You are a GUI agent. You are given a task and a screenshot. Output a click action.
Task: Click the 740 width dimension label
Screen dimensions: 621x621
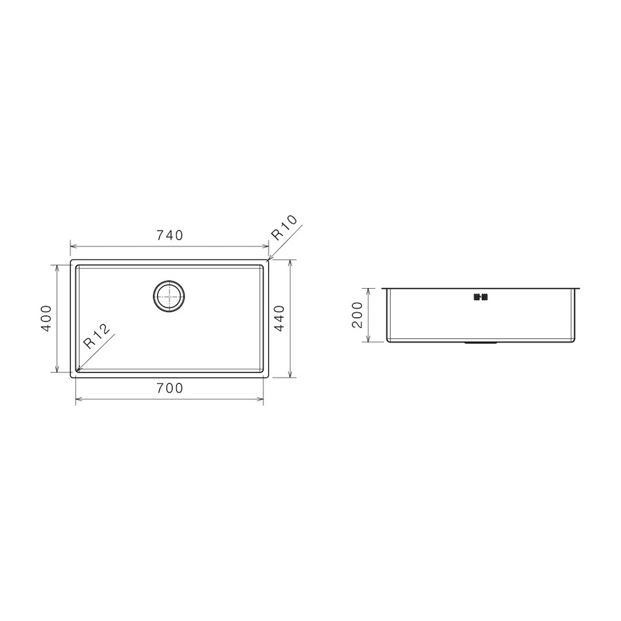click(170, 235)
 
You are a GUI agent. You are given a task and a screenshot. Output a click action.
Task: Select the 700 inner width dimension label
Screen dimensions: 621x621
click(170, 388)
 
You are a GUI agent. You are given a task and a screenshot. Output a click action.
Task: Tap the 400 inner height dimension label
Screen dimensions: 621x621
click(47, 318)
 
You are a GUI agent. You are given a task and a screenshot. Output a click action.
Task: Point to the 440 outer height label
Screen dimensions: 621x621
click(279, 318)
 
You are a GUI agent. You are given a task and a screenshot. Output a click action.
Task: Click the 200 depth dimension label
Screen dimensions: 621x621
click(357, 315)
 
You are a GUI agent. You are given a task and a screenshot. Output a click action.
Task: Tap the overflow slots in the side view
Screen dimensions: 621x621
click(481, 297)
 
